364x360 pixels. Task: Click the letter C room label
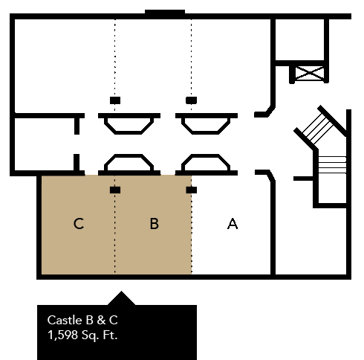pos(79,224)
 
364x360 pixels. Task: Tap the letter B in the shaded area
pos(155,224)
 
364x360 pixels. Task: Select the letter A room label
pos(233,224)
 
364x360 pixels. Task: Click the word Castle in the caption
pos(65,320)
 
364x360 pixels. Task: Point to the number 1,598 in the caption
pos(62,335)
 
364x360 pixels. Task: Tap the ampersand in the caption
pos(101,320)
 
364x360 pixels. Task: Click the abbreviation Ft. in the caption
pos(110,335)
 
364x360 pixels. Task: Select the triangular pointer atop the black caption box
pos(121,298)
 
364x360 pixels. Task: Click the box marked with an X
pos(310,73)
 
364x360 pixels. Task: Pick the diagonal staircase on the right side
pos(320,128)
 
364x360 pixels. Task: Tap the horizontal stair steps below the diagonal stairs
pos(332,164)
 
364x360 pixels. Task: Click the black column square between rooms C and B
pos(115,190)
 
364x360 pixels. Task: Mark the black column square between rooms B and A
pos(192,190)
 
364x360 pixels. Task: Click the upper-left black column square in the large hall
pos(115,100)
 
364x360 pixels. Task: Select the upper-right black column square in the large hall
pos(192,100)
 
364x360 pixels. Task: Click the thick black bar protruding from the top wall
pos(165,12)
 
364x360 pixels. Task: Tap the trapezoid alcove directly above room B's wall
pos(129,162)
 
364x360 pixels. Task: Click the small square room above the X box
pos(299,39)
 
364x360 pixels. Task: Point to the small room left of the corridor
pos(45,144)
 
